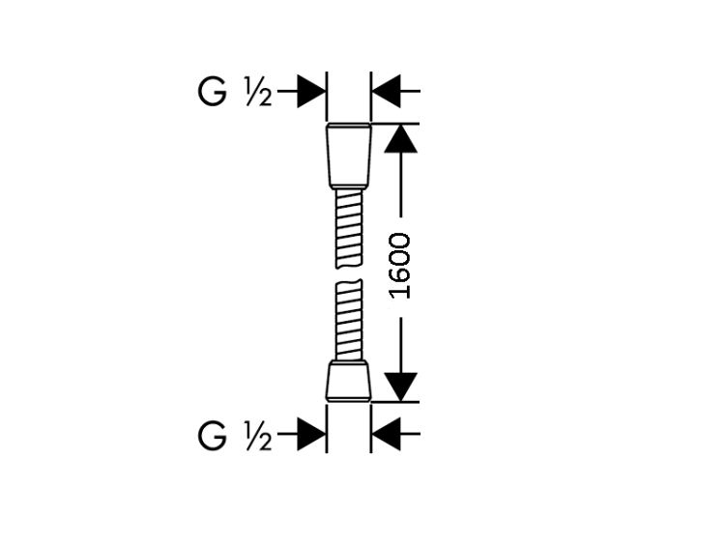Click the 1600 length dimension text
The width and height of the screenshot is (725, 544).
click(x=400, y=266)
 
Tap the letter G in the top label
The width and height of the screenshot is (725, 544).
click(x=213, y=92)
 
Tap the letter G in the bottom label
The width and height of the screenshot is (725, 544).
click(x=213, y=436)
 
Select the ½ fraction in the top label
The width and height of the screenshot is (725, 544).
click(x=258, y=92)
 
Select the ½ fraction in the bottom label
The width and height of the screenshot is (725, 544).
click(x=258, y=436)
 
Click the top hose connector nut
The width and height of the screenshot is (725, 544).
click(x=349, y=156)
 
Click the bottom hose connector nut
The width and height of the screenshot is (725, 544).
click(x=349, y=381)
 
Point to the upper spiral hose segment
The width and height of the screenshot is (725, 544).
click(x=349, y=229)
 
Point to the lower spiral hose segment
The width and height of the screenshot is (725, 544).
click(x=349, y=320)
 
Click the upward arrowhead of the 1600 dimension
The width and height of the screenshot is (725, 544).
click(x=400, y=138)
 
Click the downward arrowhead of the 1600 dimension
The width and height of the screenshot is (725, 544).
click(x=400, y=387)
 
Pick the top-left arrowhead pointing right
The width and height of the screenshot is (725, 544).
click(x=311, y=91)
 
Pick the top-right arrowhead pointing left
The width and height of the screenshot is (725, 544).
click(x=386, y=91)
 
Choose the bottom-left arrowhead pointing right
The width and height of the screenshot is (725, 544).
click(x=311, y=435)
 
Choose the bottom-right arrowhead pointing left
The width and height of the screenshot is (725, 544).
click(x=386, y=435)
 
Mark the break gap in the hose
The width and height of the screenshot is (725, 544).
click(x=349, y=274)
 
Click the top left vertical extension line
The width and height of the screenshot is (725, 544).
click(x=327, y=97)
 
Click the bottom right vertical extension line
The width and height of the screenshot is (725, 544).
click(x=371, y=428)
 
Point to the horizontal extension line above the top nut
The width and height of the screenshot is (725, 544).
click(x=395, y=124)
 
